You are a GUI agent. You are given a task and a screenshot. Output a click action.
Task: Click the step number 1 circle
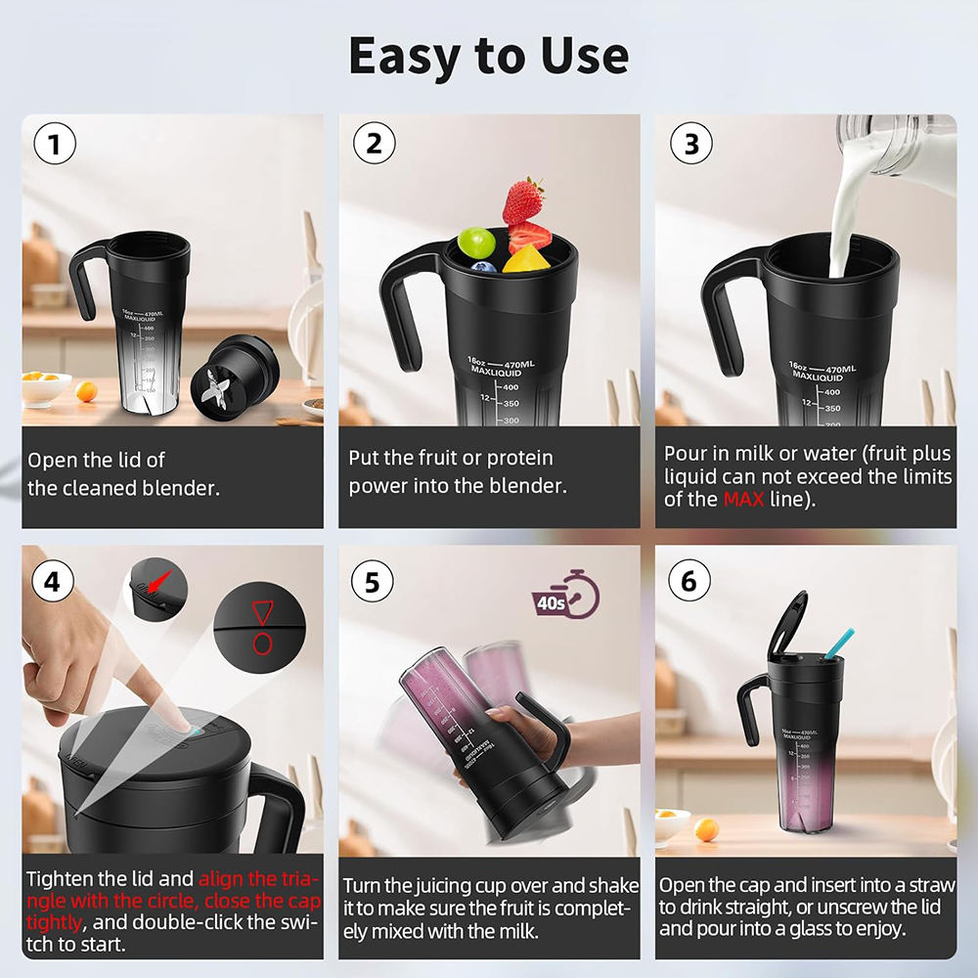coord(55,145)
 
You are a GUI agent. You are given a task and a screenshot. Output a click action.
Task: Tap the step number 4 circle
coord(55,582)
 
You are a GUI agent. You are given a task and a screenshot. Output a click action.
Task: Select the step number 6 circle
coord(689,582)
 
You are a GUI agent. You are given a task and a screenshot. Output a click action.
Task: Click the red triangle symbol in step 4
coord(262,613)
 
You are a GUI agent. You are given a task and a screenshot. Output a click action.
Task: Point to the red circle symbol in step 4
coord(262,643)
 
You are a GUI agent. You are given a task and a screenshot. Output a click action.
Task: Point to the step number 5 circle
coord(372,582)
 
